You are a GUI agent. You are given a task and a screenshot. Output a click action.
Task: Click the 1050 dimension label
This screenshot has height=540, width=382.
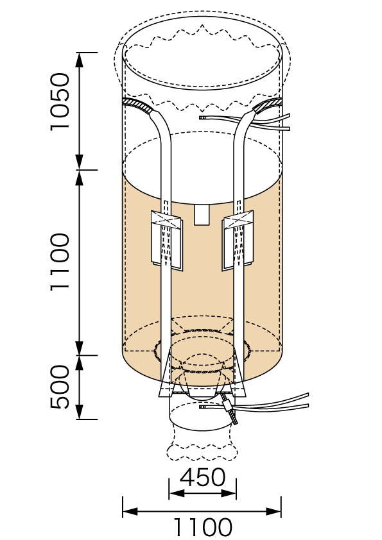[60, 102]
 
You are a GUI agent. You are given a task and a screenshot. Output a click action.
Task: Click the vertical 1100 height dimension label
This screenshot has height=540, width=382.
[60, 262]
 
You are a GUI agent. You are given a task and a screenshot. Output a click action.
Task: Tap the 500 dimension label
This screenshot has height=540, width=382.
[60, 387]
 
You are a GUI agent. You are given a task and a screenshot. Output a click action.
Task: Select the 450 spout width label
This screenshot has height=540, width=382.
[203, 477]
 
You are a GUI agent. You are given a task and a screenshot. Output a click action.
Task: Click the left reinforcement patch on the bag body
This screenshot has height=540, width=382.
[167, 240]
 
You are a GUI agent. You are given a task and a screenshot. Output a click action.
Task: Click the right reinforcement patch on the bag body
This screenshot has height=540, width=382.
[238, 240]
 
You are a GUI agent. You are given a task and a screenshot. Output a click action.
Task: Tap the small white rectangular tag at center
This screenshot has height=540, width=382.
[202, 215]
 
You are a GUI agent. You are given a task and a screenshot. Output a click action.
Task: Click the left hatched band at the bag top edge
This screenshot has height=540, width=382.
[138, 105]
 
